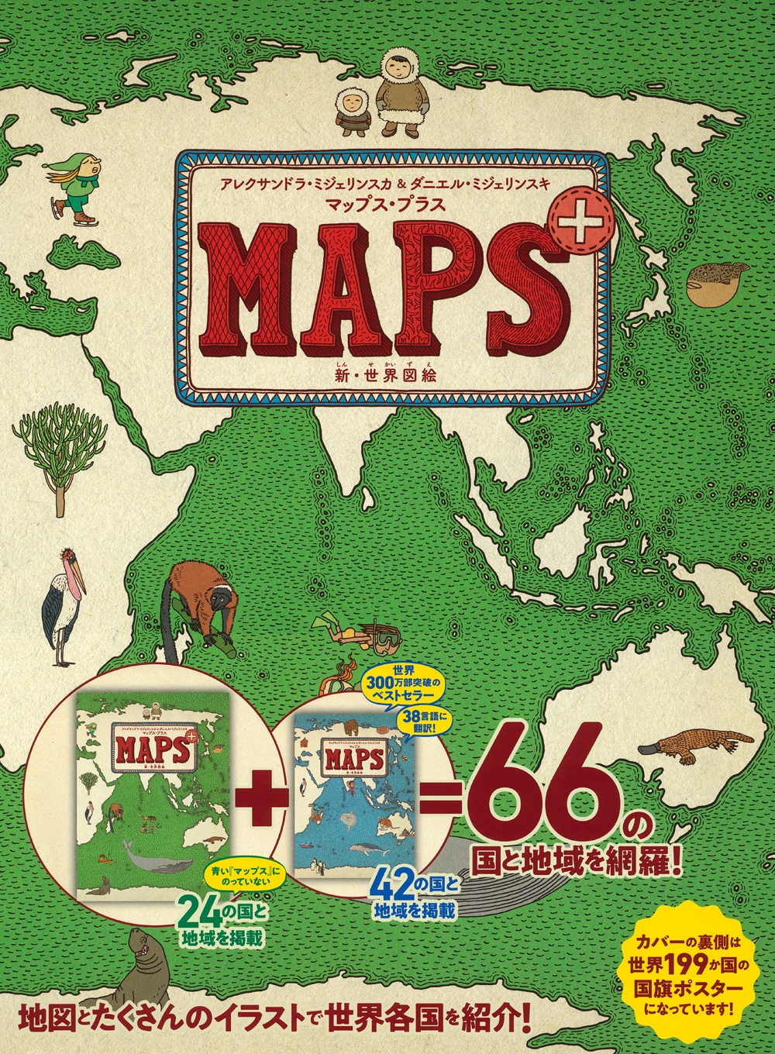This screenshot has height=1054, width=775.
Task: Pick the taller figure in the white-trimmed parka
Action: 398,85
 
